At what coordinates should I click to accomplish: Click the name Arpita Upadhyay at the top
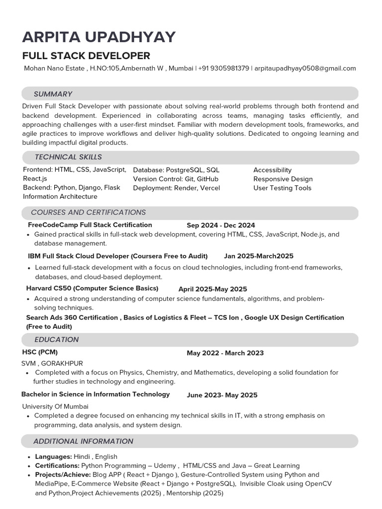(x=98, y=37)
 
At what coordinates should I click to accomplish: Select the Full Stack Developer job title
(x=86, y=55)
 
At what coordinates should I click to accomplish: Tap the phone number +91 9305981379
(x=223, y=68)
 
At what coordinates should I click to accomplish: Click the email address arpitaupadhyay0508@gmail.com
(x=305, y=68)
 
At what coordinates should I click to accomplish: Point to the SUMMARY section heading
(x=53, y=94)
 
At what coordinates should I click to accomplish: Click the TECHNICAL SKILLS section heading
(x=68, y=157)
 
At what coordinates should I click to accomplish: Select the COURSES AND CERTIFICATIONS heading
(x=88, y=212)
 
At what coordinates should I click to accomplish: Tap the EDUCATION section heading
(x=56, y=339)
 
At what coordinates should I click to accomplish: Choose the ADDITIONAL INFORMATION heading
(x=83, y=441)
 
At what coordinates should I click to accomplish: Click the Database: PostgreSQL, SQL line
(x=176, y=170)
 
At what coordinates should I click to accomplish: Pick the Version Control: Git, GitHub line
(x=176, y=179)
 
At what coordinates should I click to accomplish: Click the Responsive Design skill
(x=283, y=179)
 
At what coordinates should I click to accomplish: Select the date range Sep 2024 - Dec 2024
(x=221, y=225)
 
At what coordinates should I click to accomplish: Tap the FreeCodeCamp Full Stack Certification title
(x=90, y=225)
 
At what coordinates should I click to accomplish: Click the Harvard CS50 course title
(x=92, y=288)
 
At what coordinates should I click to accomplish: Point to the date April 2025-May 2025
(x=212, y=289)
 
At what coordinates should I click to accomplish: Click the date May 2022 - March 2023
(x=225, y=353)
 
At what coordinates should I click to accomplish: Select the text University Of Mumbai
(x=55, y=406)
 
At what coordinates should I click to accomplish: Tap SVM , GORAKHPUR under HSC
(x=52, y=363)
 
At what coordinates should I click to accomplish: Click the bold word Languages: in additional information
(x=53, y=456)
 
